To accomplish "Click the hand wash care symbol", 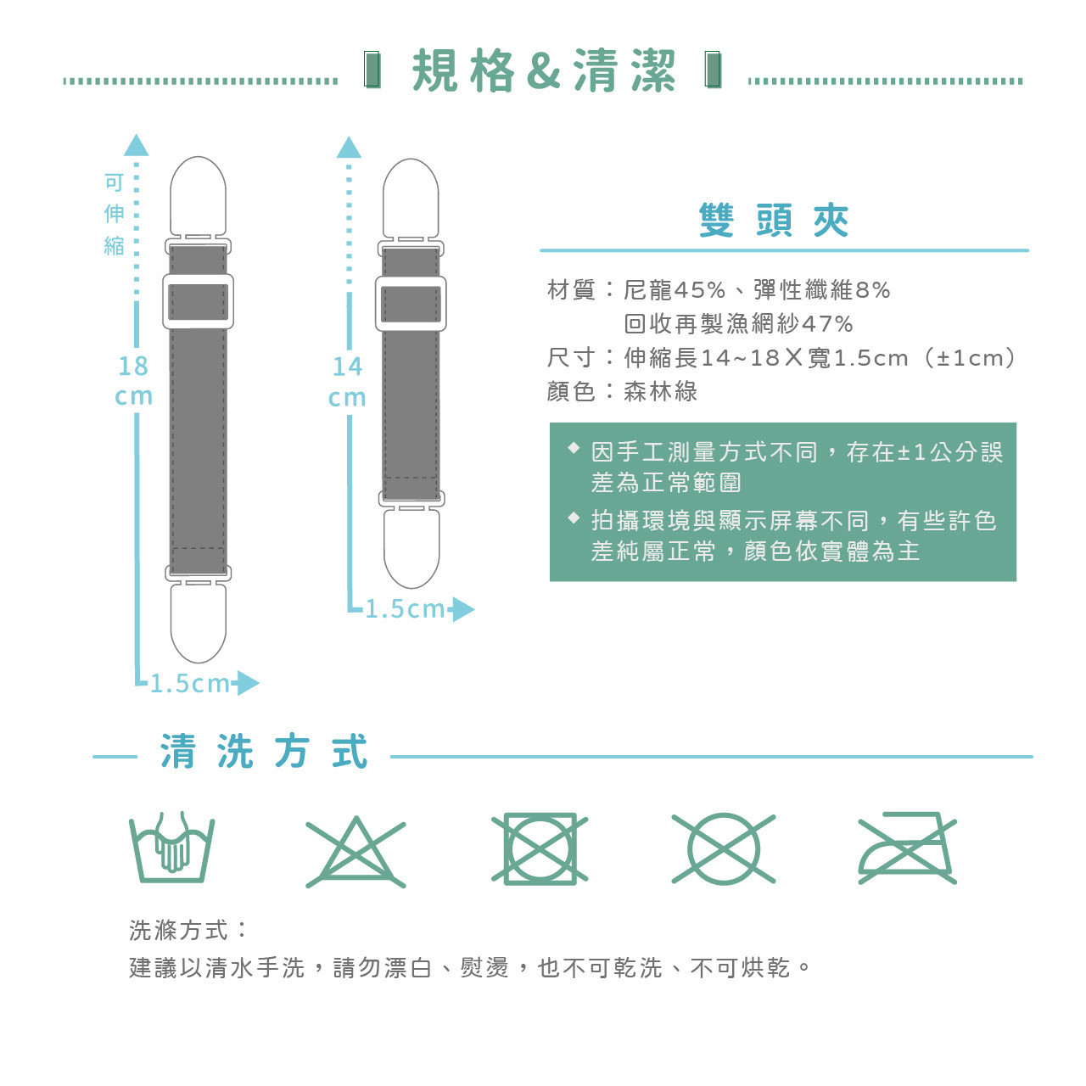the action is pyautogui.click(x=171, y=847).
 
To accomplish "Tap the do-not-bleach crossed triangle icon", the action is pyautogui.click(x=355, y=852).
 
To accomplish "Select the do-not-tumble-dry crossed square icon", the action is pyautogui.click(x=540, y=848).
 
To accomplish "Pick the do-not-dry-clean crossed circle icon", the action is pyautogui.click(x=724, y=848).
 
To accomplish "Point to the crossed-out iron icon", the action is pyautogui.click(x=907, y=848).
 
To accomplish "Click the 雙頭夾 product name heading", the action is pyautogui.click(x=773, y=221).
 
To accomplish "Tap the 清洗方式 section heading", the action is pyautogui.click(x=264, y=751).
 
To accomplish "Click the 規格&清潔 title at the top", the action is pyautogui.click(x=543, y=70).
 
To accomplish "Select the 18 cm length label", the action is pyautogui.click(x=133, y=380).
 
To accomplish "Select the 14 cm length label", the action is pyautogui.click(x=347, y=382).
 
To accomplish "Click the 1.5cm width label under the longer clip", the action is pyautogui.click(x=190, y=684).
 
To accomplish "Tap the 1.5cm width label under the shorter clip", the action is pyautogui.click(x=406, y=609).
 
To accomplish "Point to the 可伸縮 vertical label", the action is pyautogui.click(x=115, y=214).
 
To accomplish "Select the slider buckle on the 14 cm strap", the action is pyautogui.click(x=411, y=304).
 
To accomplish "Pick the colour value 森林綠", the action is pyautogui.click(x=660, y=391).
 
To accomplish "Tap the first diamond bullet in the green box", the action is pyautogui.click(x=574, y=448).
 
